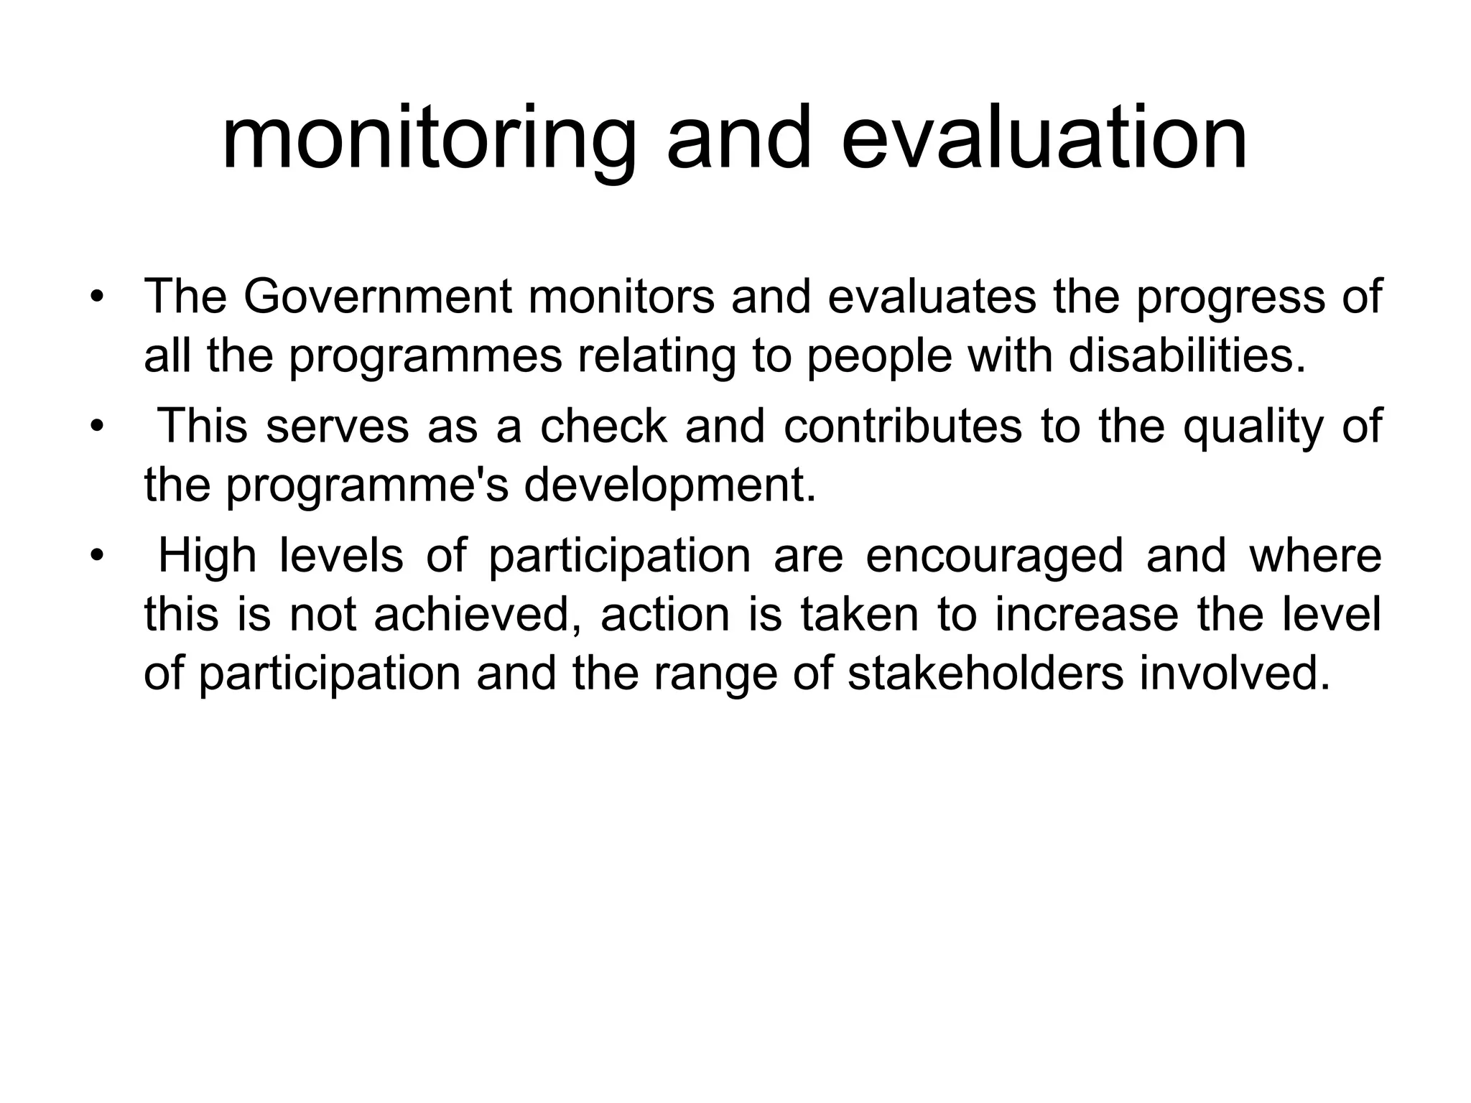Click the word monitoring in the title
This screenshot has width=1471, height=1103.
click(429, 138)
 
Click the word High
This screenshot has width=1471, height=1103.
click(207, 556)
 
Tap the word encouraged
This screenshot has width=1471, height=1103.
click(994, 557)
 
